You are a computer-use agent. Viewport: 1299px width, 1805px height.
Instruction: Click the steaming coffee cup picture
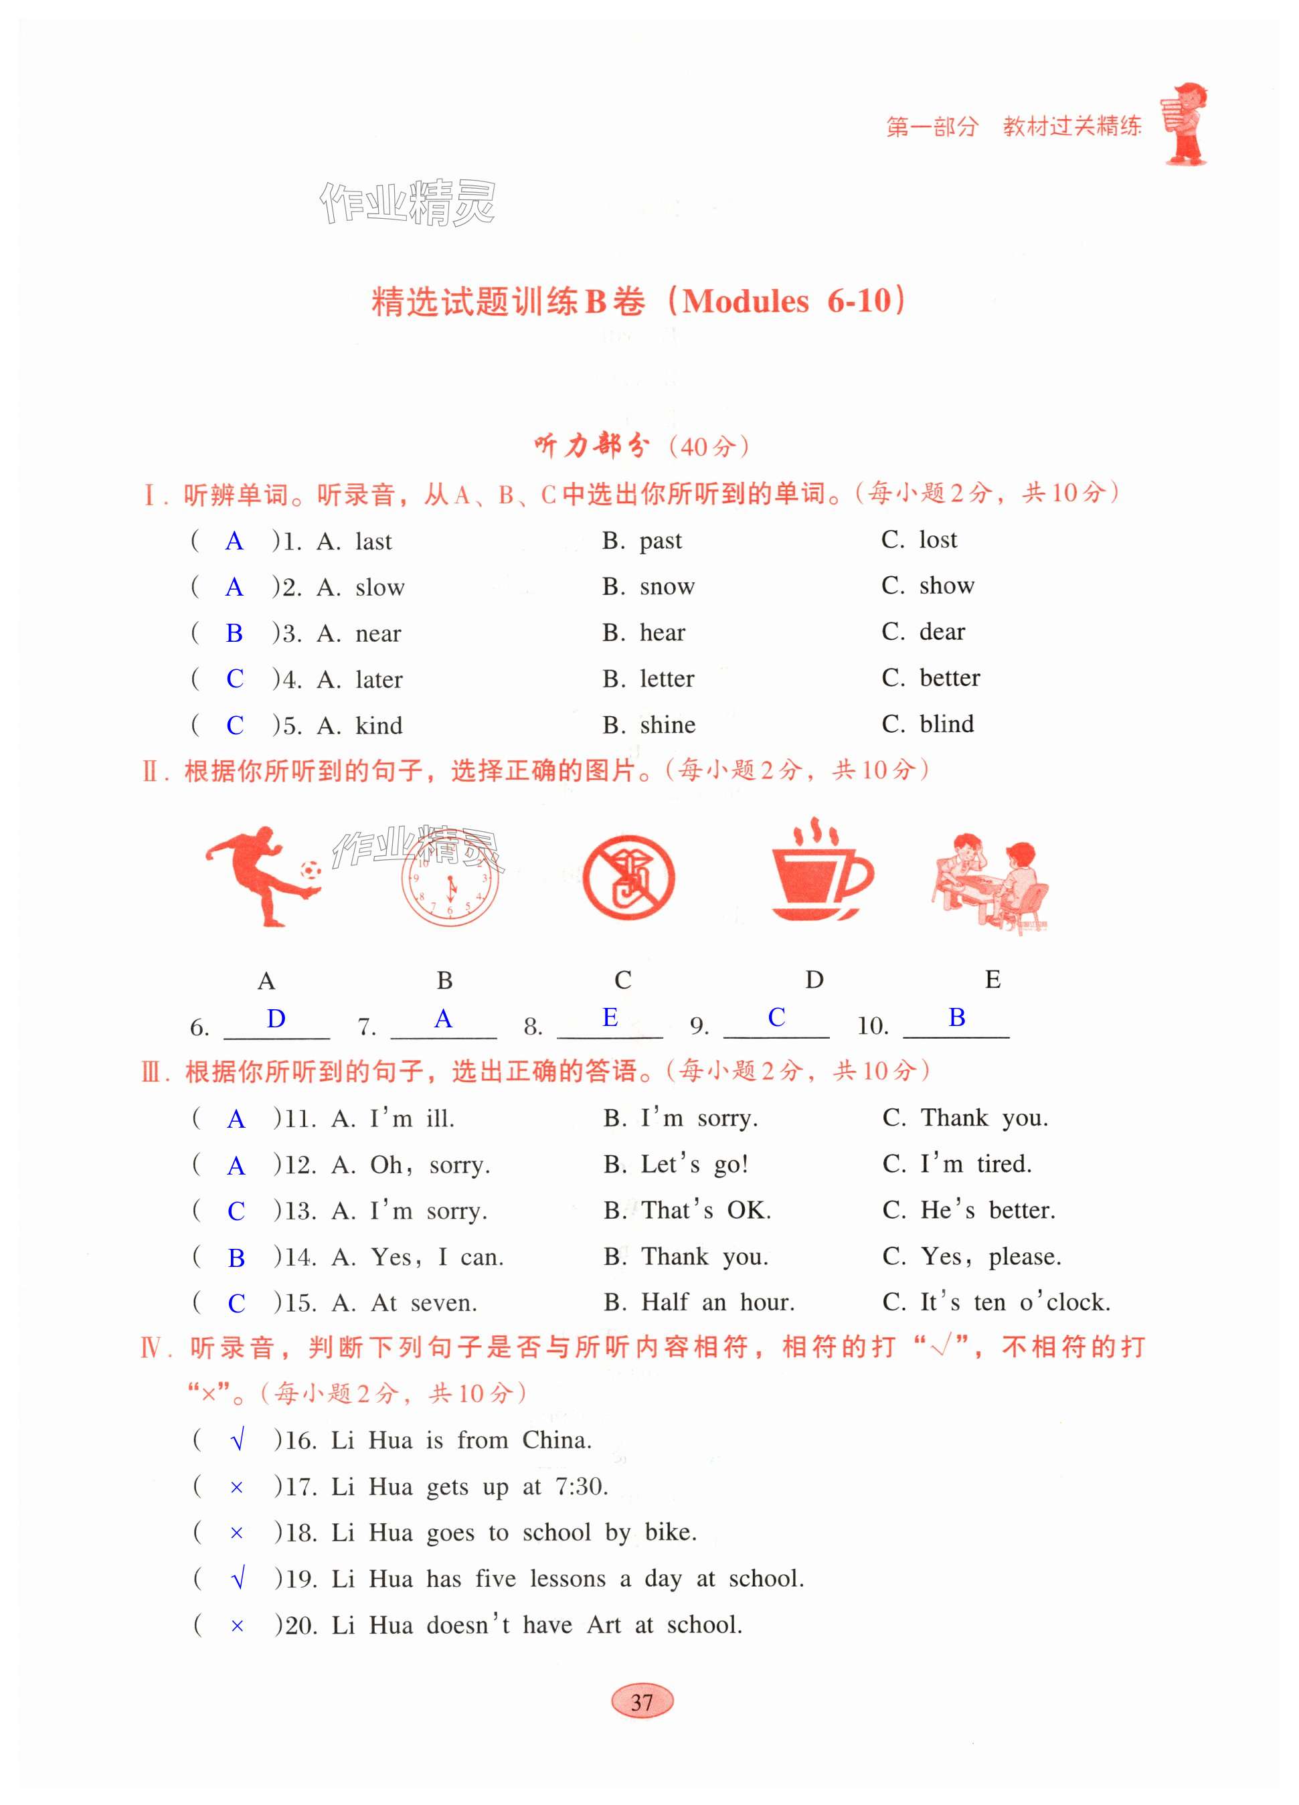click(820, 871)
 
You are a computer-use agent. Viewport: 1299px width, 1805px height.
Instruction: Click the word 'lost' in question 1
click(938, 539)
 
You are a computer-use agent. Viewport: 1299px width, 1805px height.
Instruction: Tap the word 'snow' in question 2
click(667, 586)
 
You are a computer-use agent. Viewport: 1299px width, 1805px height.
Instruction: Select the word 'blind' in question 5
click(946, 724)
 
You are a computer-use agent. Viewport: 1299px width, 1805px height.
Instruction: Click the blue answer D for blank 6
click(276, 1019)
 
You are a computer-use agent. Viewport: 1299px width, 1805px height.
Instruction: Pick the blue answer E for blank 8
click(610, 1017)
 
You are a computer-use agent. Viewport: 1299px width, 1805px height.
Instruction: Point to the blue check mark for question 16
click(236, 1440)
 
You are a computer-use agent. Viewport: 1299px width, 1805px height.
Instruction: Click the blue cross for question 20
click(236, 1626)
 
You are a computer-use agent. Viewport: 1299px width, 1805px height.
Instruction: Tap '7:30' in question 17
click(582, 1486)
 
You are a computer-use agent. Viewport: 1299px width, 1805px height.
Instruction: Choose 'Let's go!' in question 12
click(694, 1165)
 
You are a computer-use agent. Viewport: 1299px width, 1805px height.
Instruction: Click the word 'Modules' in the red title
click(746, 301)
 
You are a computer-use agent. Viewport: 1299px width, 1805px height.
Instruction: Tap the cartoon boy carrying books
click(1184, 123)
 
